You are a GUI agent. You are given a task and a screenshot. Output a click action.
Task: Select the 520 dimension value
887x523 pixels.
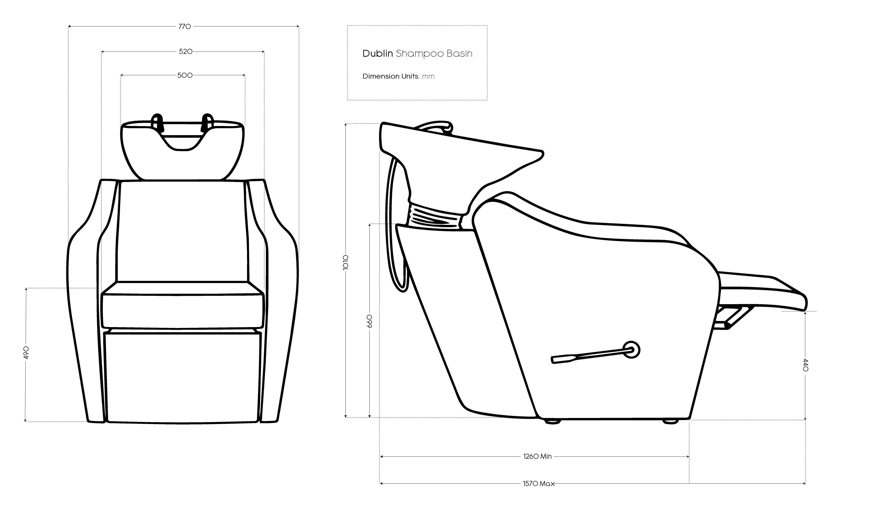tap(185, 52)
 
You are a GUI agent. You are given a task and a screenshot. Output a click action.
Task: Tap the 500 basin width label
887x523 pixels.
tap(185, 75)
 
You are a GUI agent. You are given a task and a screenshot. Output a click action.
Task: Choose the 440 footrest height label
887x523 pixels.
tap(806, 365)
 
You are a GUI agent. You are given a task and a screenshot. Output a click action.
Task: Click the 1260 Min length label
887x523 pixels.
tap(537, 456)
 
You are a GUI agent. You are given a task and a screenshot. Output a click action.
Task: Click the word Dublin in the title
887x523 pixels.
tap(377, 54)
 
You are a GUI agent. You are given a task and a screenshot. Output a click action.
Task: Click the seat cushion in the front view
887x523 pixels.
tap(182, 310)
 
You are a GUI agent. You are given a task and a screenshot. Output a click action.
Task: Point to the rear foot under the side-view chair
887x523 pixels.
tap(552, 421)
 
